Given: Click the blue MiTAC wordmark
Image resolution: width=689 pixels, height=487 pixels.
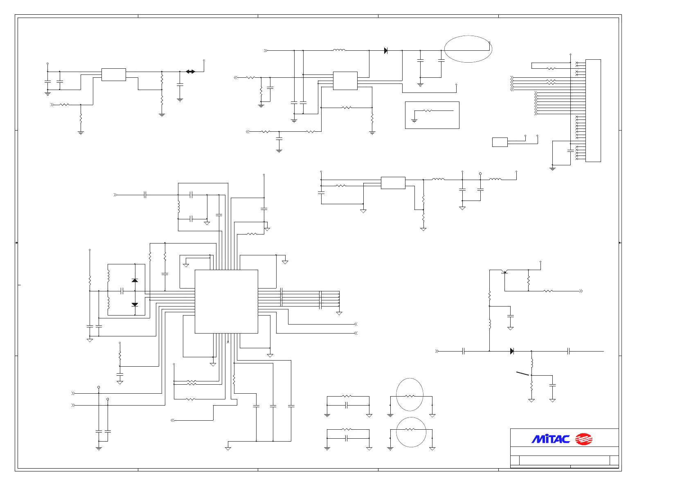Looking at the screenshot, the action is (550, 439).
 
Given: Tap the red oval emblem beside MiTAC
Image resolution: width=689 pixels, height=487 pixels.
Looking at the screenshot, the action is (584, 439).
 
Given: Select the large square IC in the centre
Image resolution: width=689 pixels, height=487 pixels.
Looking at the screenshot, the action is (226, 301).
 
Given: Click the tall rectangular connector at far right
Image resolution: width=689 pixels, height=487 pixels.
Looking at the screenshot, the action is (593, 110).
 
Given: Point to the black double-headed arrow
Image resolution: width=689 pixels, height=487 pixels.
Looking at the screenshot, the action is (190, 72).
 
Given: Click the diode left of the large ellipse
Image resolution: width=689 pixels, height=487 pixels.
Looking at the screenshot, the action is (386, 51).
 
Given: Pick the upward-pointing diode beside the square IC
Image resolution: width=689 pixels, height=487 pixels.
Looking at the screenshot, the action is (135, 280).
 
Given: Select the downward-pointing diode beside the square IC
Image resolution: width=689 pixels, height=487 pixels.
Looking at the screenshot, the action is (135, 304).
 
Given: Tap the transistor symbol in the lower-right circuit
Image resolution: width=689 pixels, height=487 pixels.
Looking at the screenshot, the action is (505, 272).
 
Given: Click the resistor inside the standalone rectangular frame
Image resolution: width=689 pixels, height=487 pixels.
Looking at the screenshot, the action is (428, 110).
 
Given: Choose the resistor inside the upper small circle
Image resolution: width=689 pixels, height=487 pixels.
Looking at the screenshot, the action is (410, 396).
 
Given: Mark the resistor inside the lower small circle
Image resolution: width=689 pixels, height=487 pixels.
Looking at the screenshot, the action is (410, 429).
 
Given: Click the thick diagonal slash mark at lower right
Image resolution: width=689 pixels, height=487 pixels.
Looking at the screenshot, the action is (522, 373).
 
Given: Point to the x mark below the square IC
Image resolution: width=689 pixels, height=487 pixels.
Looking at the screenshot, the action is (228, 342).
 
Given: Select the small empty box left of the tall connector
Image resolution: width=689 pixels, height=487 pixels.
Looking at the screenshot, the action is (500, 142).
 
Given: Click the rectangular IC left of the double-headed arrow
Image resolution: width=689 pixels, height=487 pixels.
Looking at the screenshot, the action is (113, 74).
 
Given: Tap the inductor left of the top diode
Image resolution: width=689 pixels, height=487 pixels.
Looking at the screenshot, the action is (339, 50).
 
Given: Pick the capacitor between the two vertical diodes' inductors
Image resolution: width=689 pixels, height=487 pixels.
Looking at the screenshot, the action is (122, 291).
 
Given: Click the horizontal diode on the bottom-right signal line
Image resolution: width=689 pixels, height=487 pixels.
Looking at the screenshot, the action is (512, 351).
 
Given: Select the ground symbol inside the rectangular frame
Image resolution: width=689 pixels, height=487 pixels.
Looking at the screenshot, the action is (414, 121).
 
